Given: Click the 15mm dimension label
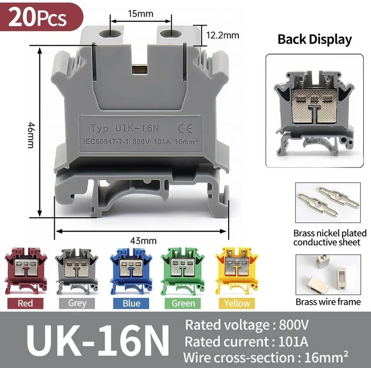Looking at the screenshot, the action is (141, 14).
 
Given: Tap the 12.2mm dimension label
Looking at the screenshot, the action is (222, 35).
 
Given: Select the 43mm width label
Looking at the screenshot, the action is (143, 240).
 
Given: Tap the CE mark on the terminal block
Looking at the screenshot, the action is (185, 129).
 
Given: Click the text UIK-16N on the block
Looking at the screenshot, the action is (137, 128).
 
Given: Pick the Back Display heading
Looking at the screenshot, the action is (315, 40).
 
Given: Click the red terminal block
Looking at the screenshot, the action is (26, 270).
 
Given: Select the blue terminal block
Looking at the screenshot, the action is (131, 270).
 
